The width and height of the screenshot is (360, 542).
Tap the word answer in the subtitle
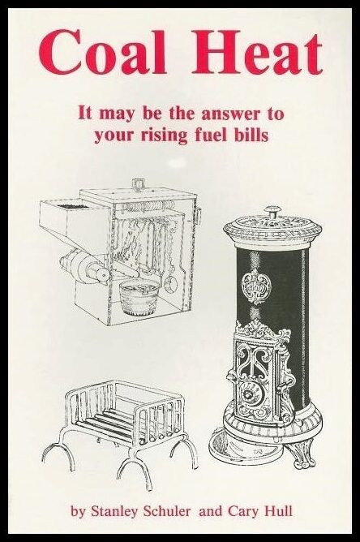pos(225,114)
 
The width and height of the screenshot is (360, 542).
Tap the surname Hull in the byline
pos(278,510)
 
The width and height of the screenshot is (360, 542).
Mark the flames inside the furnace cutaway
pos(135,243)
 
